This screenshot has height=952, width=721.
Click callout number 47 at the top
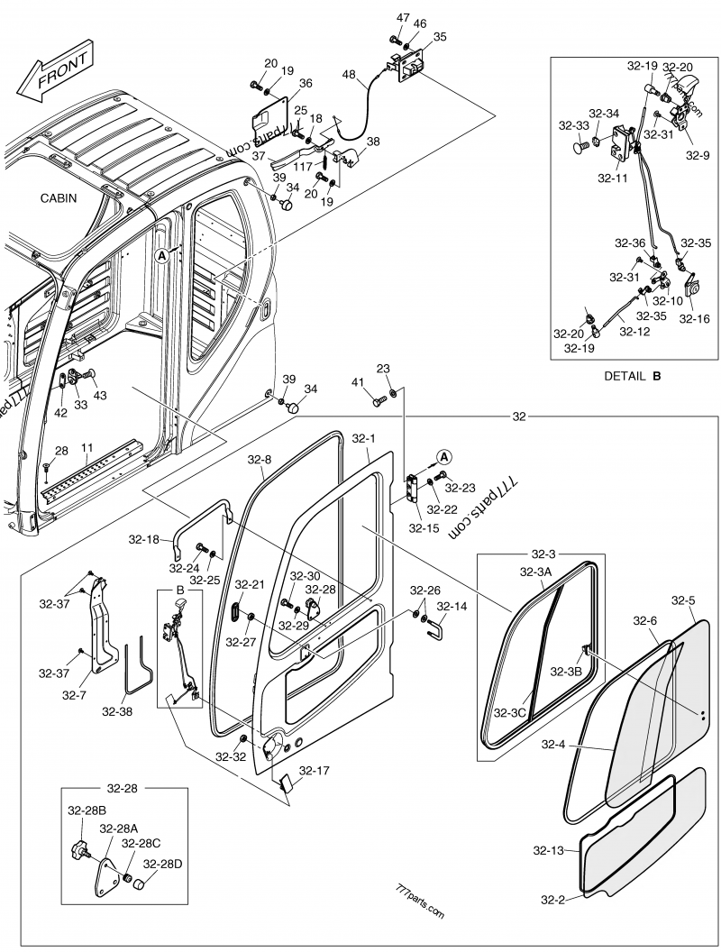402,19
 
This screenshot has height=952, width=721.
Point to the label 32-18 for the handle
143,539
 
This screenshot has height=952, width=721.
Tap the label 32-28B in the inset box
87,811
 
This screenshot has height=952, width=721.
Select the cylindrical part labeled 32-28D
140,884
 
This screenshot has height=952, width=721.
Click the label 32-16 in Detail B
693,318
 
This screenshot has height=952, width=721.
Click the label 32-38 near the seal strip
116,711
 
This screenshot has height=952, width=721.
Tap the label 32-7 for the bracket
75,695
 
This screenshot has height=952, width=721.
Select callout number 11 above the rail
87,446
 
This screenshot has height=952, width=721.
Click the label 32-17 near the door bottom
315,771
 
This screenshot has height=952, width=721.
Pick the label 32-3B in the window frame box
566,671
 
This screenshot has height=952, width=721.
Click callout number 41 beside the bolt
357,383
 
